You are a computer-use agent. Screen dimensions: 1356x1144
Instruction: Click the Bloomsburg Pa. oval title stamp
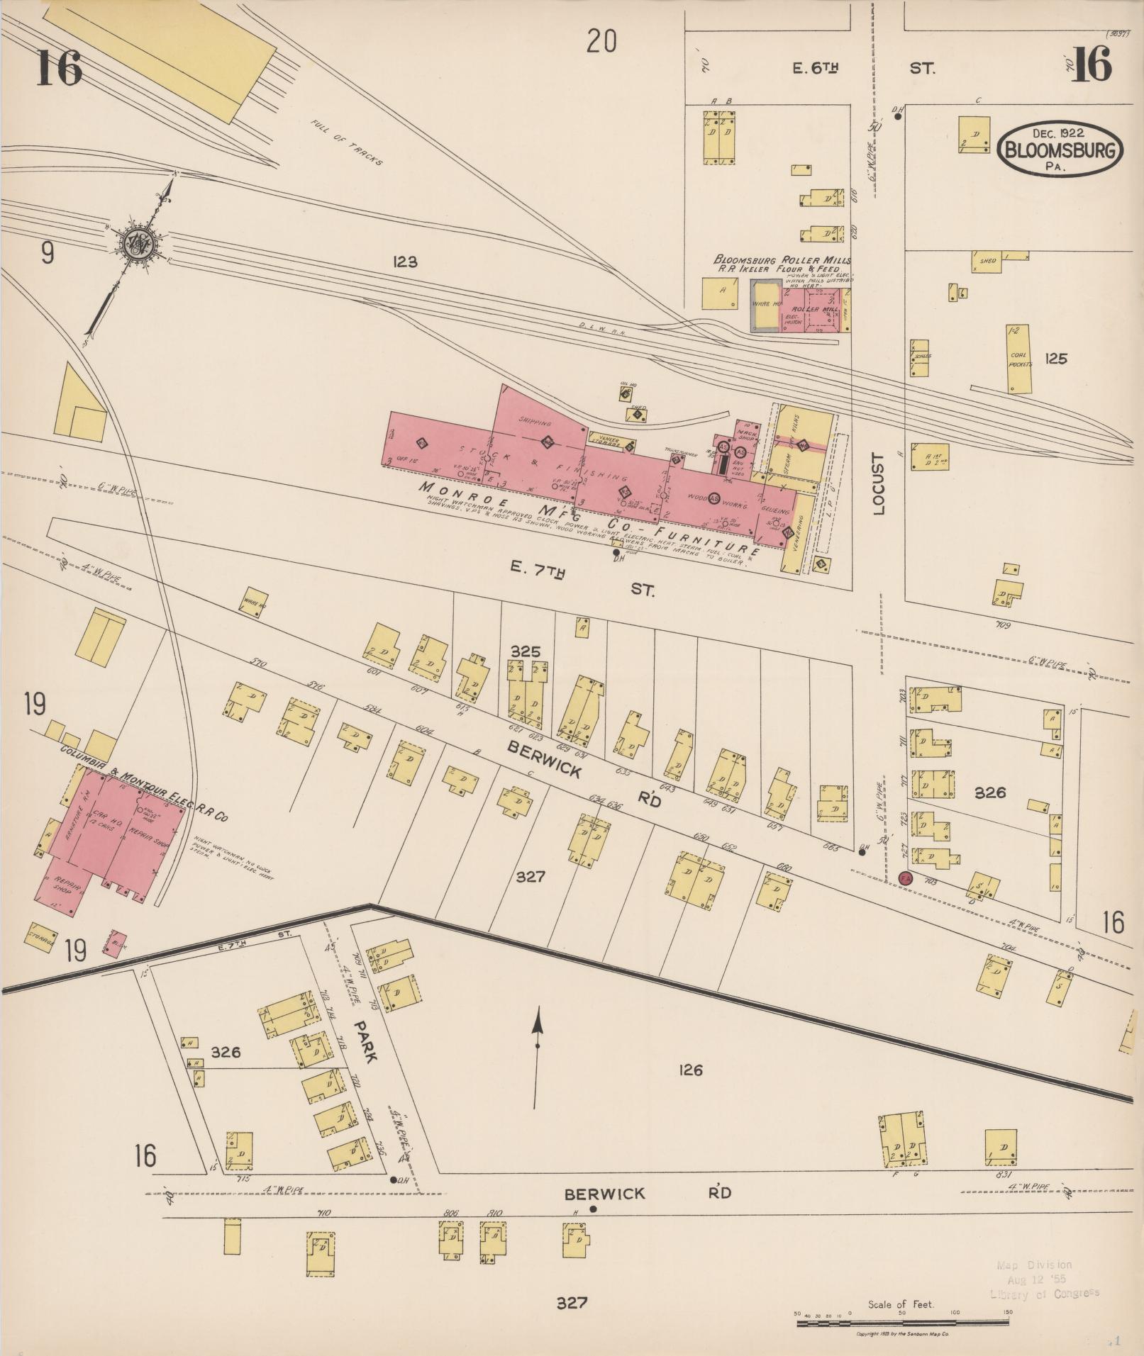(x=1061, y=150)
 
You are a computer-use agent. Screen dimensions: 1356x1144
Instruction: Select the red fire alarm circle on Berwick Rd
(x=905, y=878)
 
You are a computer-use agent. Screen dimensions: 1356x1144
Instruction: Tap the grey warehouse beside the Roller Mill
(x=765, y=306)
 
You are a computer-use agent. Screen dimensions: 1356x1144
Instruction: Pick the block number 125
(x=1055, y=359)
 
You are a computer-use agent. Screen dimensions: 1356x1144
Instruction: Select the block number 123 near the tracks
(x=404, y=262)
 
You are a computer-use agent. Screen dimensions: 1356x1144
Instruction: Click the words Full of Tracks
(x=347, y=142)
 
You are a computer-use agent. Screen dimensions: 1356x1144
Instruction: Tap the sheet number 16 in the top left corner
(x=59, y=68)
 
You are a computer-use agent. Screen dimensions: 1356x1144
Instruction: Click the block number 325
(x=526, y=651)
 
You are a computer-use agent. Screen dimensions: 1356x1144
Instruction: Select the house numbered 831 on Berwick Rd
(x=1001, y=1148)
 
